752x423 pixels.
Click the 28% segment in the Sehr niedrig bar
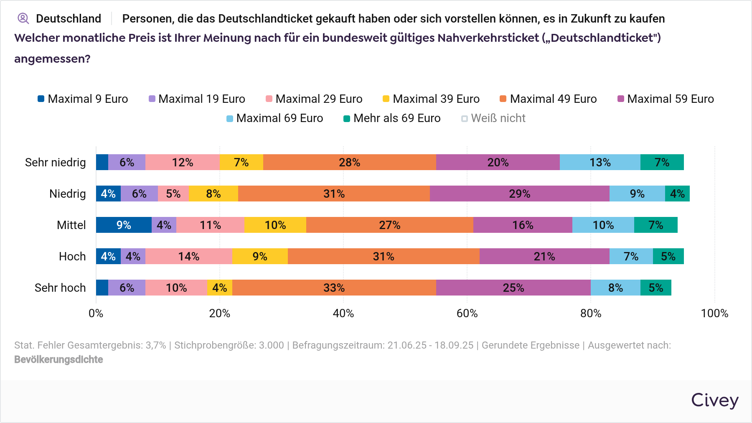349,162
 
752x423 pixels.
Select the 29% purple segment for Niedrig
519,194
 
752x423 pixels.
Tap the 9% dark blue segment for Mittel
124,225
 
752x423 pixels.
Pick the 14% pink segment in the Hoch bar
188,256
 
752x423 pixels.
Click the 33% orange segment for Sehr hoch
334,288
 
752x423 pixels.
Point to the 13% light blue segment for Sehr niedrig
600,162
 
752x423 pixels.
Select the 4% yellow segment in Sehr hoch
219,288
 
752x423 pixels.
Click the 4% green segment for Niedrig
677,194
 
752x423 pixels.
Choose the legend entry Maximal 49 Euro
548,99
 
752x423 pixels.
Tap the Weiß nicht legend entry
493,118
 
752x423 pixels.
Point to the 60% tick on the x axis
467,313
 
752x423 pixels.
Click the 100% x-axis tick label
714,313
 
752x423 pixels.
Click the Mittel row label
71,225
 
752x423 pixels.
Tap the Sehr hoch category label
60,288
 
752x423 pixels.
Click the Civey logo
714,400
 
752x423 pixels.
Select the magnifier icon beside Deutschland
23,18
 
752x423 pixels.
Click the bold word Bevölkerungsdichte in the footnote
58,359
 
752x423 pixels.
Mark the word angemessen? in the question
52,59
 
